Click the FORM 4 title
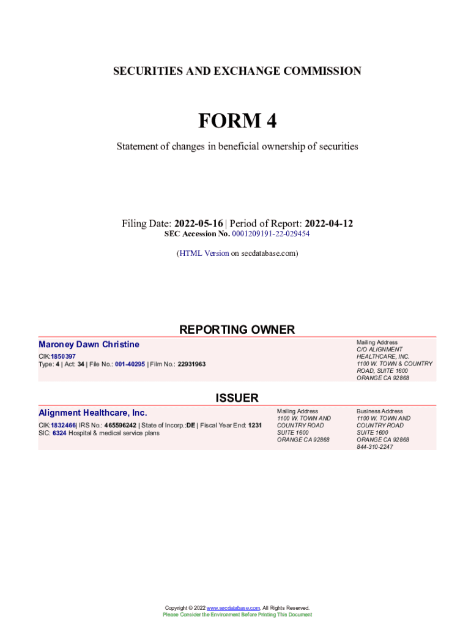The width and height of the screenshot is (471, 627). coord(237,122)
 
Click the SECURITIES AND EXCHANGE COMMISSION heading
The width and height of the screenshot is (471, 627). coord(237,72)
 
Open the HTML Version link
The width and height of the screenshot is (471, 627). coord(204,253)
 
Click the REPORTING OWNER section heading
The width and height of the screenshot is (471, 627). coord(237,330)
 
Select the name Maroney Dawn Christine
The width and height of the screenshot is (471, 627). coord(89,345)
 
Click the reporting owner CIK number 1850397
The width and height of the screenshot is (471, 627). coord(63,356)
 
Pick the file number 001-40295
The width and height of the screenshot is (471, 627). coord(130,364)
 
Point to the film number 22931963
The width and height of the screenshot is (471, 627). coord(191,364)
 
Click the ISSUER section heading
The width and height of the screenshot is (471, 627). coord(237,399)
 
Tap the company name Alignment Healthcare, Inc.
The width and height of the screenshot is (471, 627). coord(93,413)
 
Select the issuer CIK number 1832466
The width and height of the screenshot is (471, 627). coord(63,425)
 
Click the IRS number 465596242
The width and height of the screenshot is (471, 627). coord(120,425)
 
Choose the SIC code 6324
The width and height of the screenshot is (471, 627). coord(59,433)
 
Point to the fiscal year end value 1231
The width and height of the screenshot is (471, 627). coord(255,425)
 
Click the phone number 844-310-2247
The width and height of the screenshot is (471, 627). coord(375,447)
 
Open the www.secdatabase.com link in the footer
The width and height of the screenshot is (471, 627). coord(234,608)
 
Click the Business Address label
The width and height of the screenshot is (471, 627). coord(380,411)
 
